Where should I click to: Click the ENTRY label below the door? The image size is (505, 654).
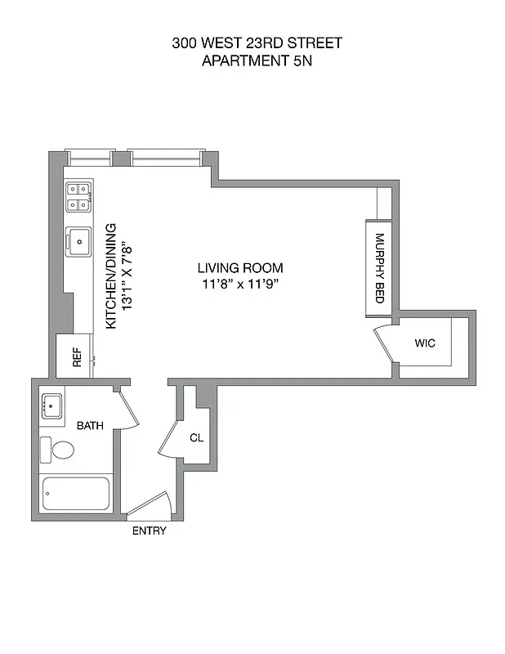(x=149, y=531)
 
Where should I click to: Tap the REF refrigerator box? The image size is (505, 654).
(x=76, y=356)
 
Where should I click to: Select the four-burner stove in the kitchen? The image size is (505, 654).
(x=78, y=197)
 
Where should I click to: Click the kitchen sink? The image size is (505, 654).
(x=79, y=241)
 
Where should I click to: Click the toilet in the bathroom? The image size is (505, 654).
(x=59, y=450)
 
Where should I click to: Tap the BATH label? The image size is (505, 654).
(x=90, y=426)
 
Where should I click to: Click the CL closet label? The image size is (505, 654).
(x=196, y=437)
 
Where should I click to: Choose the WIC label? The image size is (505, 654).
(x=425, y=343)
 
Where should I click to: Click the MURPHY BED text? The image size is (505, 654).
(x=379, y=269)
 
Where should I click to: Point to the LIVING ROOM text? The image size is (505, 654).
(x=240, y=268)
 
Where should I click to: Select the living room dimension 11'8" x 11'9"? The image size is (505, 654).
(x=240, y=284)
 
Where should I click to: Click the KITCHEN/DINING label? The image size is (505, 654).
(x=112, y=276)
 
